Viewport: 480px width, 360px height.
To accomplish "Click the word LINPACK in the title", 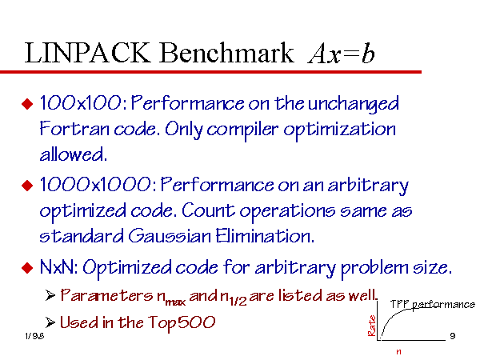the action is tap(87, 53).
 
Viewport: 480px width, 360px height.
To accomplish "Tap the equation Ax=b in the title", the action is tap(342, 53).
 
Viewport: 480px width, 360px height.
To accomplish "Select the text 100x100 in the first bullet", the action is tap(81, 102).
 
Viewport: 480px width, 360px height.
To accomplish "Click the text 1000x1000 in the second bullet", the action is tap(95, 185).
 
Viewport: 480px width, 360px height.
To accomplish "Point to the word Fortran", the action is tap(74, 129).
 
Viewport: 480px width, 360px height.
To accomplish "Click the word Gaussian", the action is tap(170, 236).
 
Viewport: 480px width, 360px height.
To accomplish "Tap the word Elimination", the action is tap(265, 236).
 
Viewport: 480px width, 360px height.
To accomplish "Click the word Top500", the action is tap(182, 323).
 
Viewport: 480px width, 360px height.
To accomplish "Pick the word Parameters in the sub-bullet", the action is tap(106, 295).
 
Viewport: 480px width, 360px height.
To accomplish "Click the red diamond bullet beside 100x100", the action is tap(27, 103).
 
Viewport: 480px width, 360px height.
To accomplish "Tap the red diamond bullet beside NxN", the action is tap(27, 268).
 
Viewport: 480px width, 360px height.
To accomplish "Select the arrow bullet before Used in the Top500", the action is tap(50, 322).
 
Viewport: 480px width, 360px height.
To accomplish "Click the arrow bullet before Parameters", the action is tap(50, 295).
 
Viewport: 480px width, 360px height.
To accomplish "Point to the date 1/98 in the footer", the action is tap(34, 336).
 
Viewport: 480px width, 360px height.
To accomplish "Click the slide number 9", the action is tap(453, 336).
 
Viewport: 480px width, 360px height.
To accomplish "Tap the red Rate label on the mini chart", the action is tap(372, 326).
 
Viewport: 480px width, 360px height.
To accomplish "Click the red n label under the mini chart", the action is tap(398, 352).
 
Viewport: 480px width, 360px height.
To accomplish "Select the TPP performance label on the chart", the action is tap(433, 305).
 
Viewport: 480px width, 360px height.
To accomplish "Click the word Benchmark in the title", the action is tap(226, 53).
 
